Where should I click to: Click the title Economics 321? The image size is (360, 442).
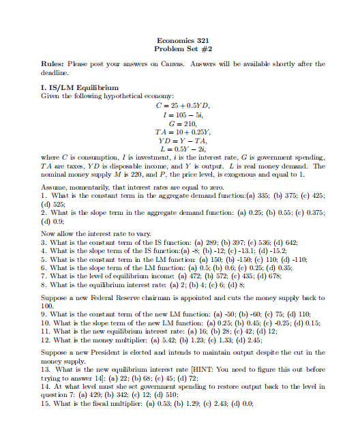(x=180, y=40)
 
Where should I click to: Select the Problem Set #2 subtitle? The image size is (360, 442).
(x=180, y=49)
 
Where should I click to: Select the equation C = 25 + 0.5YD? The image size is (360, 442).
(x=180, y=105)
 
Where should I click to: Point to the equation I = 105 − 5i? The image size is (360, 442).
(x=180, y=115)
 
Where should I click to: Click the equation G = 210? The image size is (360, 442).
(x=180, y=124)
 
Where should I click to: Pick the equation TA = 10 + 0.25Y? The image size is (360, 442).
(x=180, y=134)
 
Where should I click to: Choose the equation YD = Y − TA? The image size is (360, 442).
(x=180, y=143)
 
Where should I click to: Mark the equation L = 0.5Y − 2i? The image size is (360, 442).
(x=180, y=153)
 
